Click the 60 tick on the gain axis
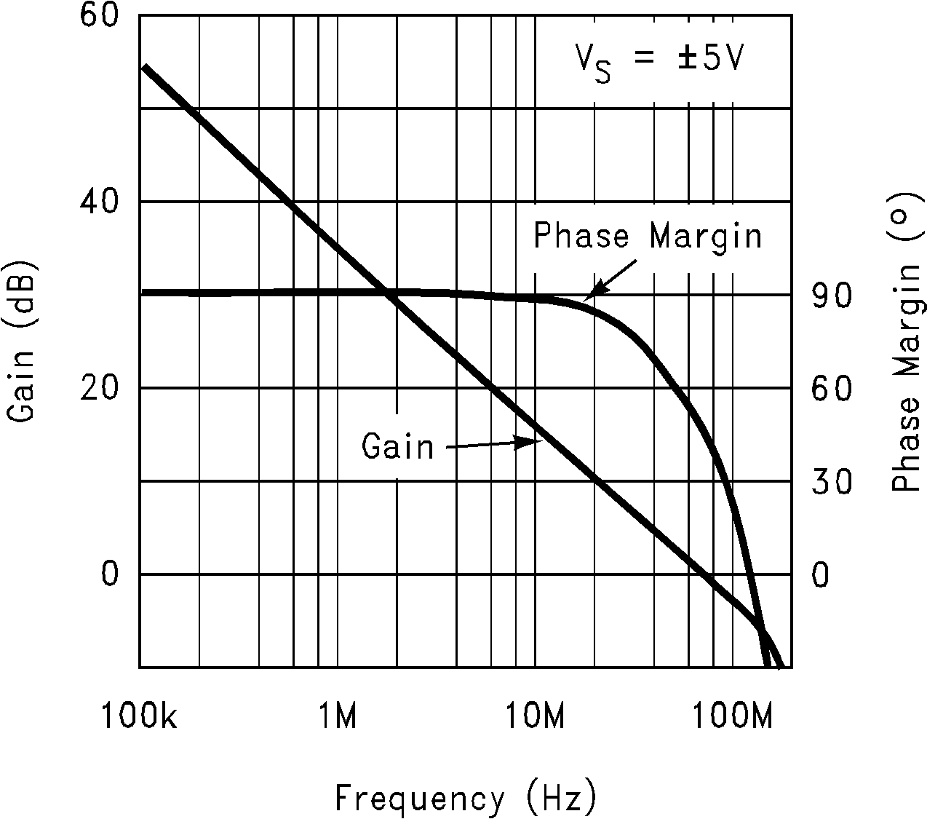coord(98,16)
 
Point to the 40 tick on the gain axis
coord(98,202)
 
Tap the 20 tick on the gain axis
coord(98,388)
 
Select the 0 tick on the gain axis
coord(109,574)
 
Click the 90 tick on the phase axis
coord(830,295)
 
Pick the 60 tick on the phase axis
coord(830,388)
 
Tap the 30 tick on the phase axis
coord(830,481)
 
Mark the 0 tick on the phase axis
coord(819,574)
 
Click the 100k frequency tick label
coord(139,717)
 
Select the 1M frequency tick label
coord(338,717)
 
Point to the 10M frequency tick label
coord(536,717)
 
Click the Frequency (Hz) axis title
coord(466,798)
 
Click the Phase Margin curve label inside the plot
coord(648,237)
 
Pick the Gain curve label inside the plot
coord(397,446)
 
